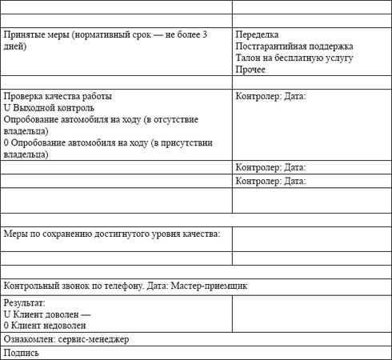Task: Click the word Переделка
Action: coord(258,35)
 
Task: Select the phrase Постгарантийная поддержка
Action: coord(294,47)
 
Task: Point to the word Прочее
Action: coord(251,70)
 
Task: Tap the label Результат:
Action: coord(25,304)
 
